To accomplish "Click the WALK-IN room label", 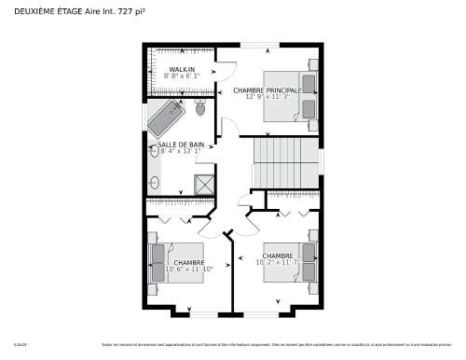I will [x=183, y=70].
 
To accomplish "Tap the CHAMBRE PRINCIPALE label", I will [x=267, y=90].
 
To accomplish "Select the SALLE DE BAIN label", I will [x=181, y=145].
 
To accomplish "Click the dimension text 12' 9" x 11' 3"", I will [x=267, y=97].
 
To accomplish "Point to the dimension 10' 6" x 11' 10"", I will [x=188, y=269].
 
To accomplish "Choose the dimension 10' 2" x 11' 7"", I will [x=278, y=262].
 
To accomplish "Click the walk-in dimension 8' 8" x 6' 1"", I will [x=183, y=76].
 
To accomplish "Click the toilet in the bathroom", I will [x=200, y=107].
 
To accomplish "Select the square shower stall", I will [x=204, y=183].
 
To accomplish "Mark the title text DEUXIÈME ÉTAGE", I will [x=48, y=11].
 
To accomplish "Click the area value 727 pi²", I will [x=131, y=11].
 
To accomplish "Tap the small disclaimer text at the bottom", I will [x=280, y=345].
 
